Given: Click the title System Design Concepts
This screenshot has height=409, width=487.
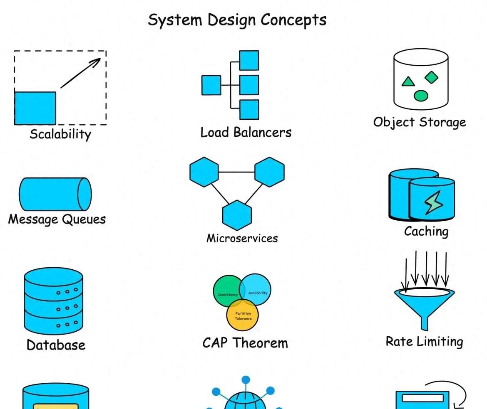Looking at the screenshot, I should pyautogui.click(x=237, y=20).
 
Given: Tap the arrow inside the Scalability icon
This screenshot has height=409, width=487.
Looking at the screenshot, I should pyautogui.click(x=80, y=73).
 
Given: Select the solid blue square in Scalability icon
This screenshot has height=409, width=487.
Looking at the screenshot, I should pyautogui.click(x=35, y=108).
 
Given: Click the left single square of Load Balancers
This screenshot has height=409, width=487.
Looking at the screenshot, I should pyautogui.click(x=211, y=85).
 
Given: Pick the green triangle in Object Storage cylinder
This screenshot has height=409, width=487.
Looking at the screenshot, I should pyautogui.click(x=408, y=81).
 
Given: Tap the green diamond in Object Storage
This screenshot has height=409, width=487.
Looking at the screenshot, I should pyautogui.click(x=432, y=77).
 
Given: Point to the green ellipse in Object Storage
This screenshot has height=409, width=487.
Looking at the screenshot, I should pyautogui.click(x=421, y=96).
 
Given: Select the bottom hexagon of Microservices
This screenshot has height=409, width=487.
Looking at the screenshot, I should pyautogui.click(x=237, y=215).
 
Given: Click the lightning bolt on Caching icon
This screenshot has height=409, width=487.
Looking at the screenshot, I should pyautogui.click(x=434, y=202).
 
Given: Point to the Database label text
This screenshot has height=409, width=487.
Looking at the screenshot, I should pyautogui.click(x=56, y=345).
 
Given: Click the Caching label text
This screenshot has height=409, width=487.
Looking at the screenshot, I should pyautogui.click(x=426, y=232).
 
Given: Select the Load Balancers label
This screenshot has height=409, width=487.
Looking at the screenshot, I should pyautogui.click(x=246, y=133).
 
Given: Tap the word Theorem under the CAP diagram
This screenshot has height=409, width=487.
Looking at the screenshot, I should pyautogui.click(x=260, y=343).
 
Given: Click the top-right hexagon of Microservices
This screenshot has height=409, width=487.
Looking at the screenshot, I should pyautogui.click(x=269, y=171).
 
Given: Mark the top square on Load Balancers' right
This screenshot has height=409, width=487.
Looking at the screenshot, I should pyautogui.click(x=249, y=60).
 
